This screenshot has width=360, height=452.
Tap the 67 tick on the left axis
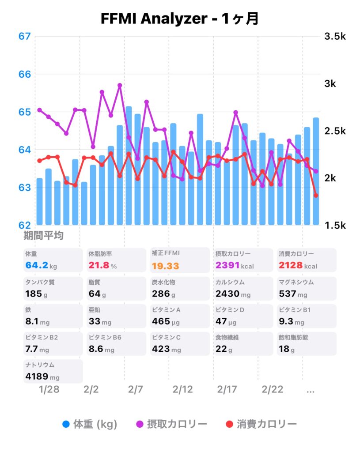[25, 36]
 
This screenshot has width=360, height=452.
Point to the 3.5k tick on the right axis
[335, 36]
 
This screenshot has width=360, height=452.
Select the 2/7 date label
[136, 390]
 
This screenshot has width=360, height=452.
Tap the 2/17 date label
[227, 390]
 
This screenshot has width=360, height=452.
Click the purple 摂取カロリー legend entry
[171, 424]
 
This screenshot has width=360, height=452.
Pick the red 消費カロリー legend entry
[261, 424]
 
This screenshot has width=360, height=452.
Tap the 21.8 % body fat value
[102, 266]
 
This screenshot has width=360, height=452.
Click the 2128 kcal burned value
[298, 266]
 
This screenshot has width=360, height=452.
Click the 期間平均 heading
[43, 236]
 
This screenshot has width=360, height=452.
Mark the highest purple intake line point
[120, 85]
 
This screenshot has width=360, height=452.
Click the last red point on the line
[316, 195]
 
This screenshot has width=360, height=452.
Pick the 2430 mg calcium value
[232, 294]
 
